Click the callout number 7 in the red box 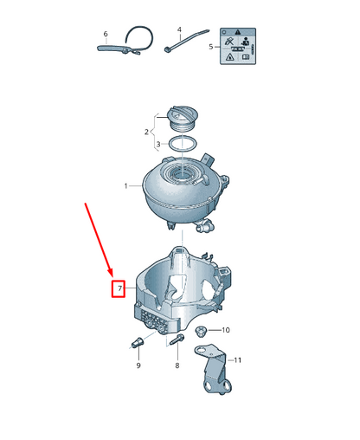click(121, 287)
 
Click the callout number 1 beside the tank click(126, 186)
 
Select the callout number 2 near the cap click(146, 132)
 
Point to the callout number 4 click(211, 47)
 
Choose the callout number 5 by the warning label click(106, 35)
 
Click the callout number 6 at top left click(106, 35)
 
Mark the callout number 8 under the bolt click(177, 366)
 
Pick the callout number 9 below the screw click(137, 366)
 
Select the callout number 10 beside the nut click(226, 330)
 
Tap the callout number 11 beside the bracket click(239, 359)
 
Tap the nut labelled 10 click(202, 331)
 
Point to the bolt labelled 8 click(178, 343)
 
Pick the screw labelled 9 click(136, 345)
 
